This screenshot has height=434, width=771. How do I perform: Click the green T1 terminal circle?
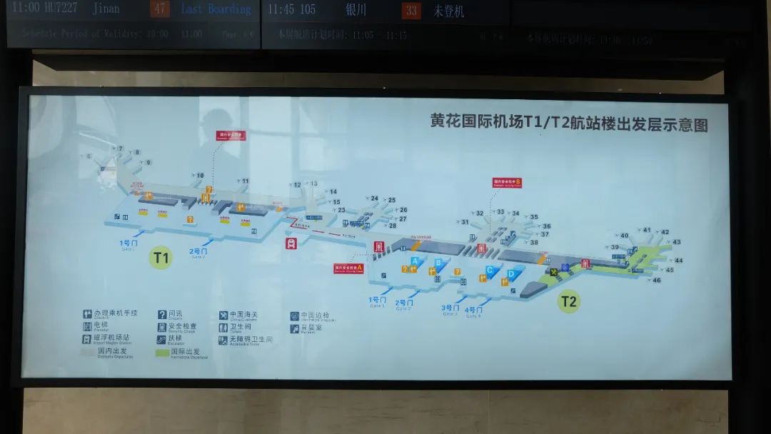[161, 258]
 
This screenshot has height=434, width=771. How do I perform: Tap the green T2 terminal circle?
[568, 301]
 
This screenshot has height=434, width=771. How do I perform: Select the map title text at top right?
[569, 124]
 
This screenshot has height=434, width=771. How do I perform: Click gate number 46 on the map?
[657, 280]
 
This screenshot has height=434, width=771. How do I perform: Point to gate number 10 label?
[200, 175]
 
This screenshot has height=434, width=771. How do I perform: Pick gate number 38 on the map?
[534, 243]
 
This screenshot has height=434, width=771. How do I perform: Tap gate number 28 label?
[392, 226]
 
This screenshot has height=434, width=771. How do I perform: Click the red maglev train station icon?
[291, 244]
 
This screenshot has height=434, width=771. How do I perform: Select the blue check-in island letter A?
[415, 261]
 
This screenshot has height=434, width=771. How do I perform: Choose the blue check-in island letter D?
[511, 273]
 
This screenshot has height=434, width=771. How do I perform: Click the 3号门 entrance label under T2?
[450, 308]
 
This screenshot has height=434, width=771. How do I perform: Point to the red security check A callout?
[349, 268]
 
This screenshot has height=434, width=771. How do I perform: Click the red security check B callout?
[507, 183]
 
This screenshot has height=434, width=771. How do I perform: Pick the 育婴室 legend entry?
[309, 328]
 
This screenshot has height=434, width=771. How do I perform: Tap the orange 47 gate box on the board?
[159, 10]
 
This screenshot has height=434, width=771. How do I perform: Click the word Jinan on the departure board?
[106, 9]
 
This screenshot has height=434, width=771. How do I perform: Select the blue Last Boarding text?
[216, 9]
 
